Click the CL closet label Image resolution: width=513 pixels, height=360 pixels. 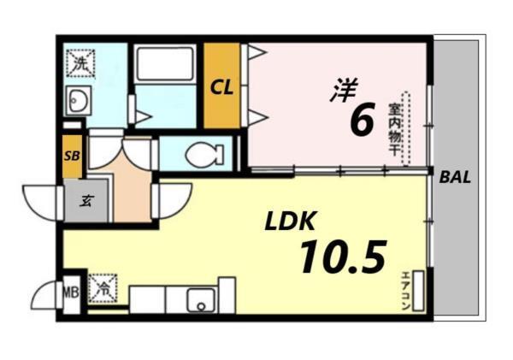[221, 86]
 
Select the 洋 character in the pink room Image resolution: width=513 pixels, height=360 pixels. [344, 90]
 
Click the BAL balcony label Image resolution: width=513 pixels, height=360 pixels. [456, 179]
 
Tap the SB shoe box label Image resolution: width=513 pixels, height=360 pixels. [72, 156]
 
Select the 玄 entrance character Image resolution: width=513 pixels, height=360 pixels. [87, 202]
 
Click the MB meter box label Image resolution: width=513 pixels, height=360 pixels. [71, 294]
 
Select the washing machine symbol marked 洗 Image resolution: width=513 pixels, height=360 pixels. [80, 62]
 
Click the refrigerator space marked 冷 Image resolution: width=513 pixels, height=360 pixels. [102, 287]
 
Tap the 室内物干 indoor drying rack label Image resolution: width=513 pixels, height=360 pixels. [394, 128]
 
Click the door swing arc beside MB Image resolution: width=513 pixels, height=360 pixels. [45, 297]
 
